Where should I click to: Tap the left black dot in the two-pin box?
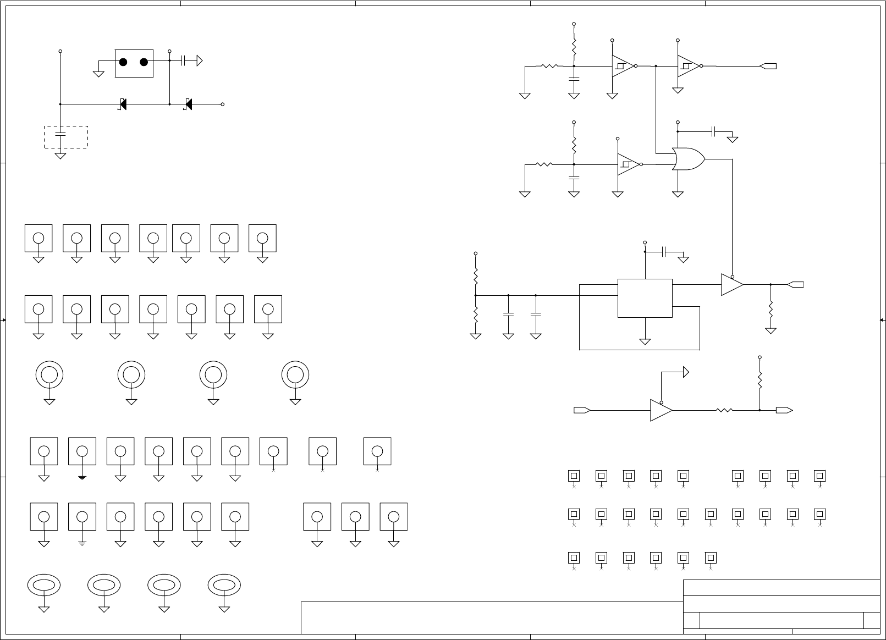[x=123, y=62]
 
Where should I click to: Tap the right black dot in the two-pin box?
[x=144, y=62]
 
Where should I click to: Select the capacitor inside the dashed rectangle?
[x=60, y=134]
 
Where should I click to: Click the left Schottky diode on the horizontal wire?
[x=123, y=104]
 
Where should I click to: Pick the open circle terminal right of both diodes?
[x=223, y=104]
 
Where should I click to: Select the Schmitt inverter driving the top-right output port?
[x=689, y=66]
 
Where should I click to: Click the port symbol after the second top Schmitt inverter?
[x=768, y=66]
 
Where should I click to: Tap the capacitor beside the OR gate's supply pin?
[x=714, y=131]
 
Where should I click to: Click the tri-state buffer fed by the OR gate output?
[x=732, y=285]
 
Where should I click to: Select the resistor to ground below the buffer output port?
[x=771, y=309]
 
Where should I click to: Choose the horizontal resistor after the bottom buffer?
[x=724, y=410]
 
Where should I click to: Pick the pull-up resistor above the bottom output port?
[x=760, y=381]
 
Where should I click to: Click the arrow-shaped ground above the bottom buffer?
[x=685, y=372]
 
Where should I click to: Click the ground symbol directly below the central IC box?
[x=645, y=341]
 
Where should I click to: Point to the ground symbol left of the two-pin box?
[x=99, y=73]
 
